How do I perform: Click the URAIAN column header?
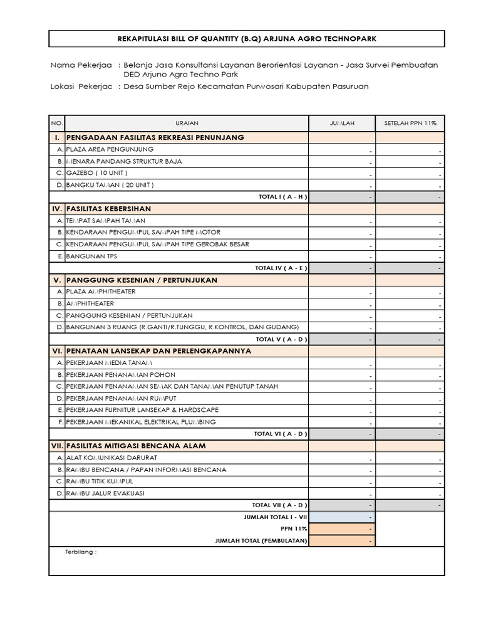pos(187,123)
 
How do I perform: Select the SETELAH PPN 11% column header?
pos(410,123)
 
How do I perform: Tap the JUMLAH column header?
pos(342,123)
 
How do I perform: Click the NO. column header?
pos(56,123)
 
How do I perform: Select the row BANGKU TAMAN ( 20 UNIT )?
pos(110,185)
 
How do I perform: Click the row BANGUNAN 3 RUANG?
pos(178,327)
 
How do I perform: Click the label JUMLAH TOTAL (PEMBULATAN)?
pos(261,540)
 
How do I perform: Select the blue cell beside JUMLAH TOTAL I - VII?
pos(342,517)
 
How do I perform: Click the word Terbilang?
pos(81,552)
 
